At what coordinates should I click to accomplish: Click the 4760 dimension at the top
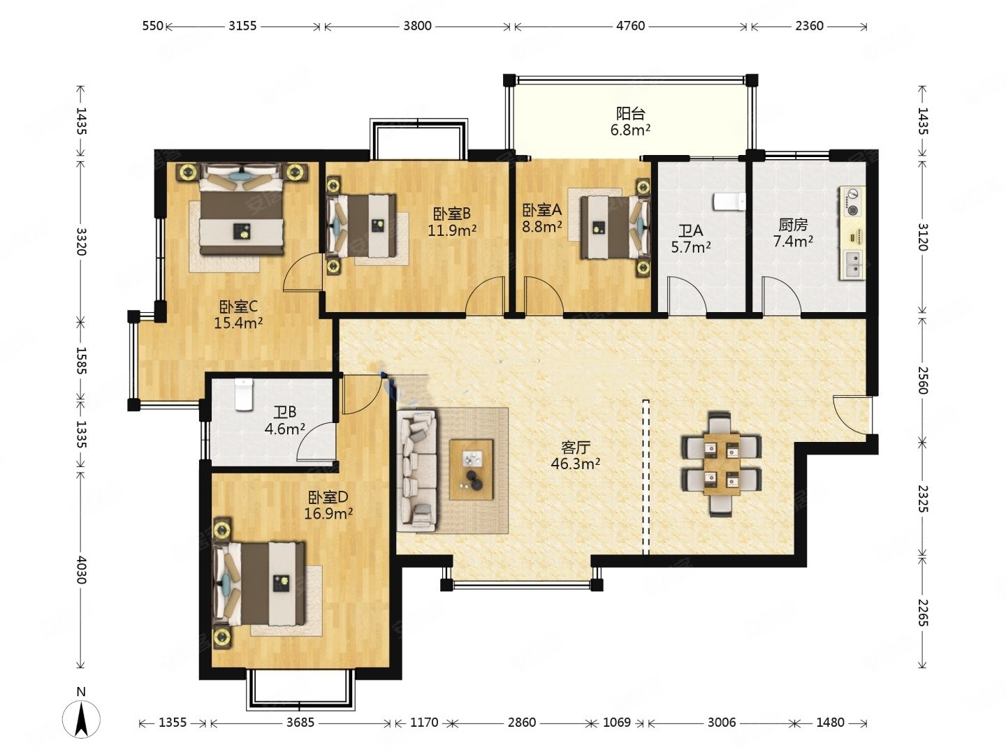[630, 26]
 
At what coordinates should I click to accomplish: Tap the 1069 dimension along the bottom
[616, 723]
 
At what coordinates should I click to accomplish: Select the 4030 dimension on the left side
[80, 570]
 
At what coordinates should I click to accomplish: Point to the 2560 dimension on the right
[923, 380]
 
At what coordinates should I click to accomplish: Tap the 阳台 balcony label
[630, 113]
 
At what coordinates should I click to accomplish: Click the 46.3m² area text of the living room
[575, 464]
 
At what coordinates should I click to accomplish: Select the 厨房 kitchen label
[793, 225]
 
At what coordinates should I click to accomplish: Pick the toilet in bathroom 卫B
[243, 394]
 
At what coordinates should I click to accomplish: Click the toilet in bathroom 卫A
[729, 202]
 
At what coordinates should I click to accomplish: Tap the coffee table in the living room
[471, 470]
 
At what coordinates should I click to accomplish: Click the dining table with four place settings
[722, 464]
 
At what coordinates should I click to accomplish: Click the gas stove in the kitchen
[852, 202]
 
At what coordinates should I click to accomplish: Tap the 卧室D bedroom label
[328, 496]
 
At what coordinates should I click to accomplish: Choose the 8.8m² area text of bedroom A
[541, 226]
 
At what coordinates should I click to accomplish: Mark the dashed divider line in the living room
[646, 477]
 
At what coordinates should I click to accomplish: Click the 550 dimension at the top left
[152, 26]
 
